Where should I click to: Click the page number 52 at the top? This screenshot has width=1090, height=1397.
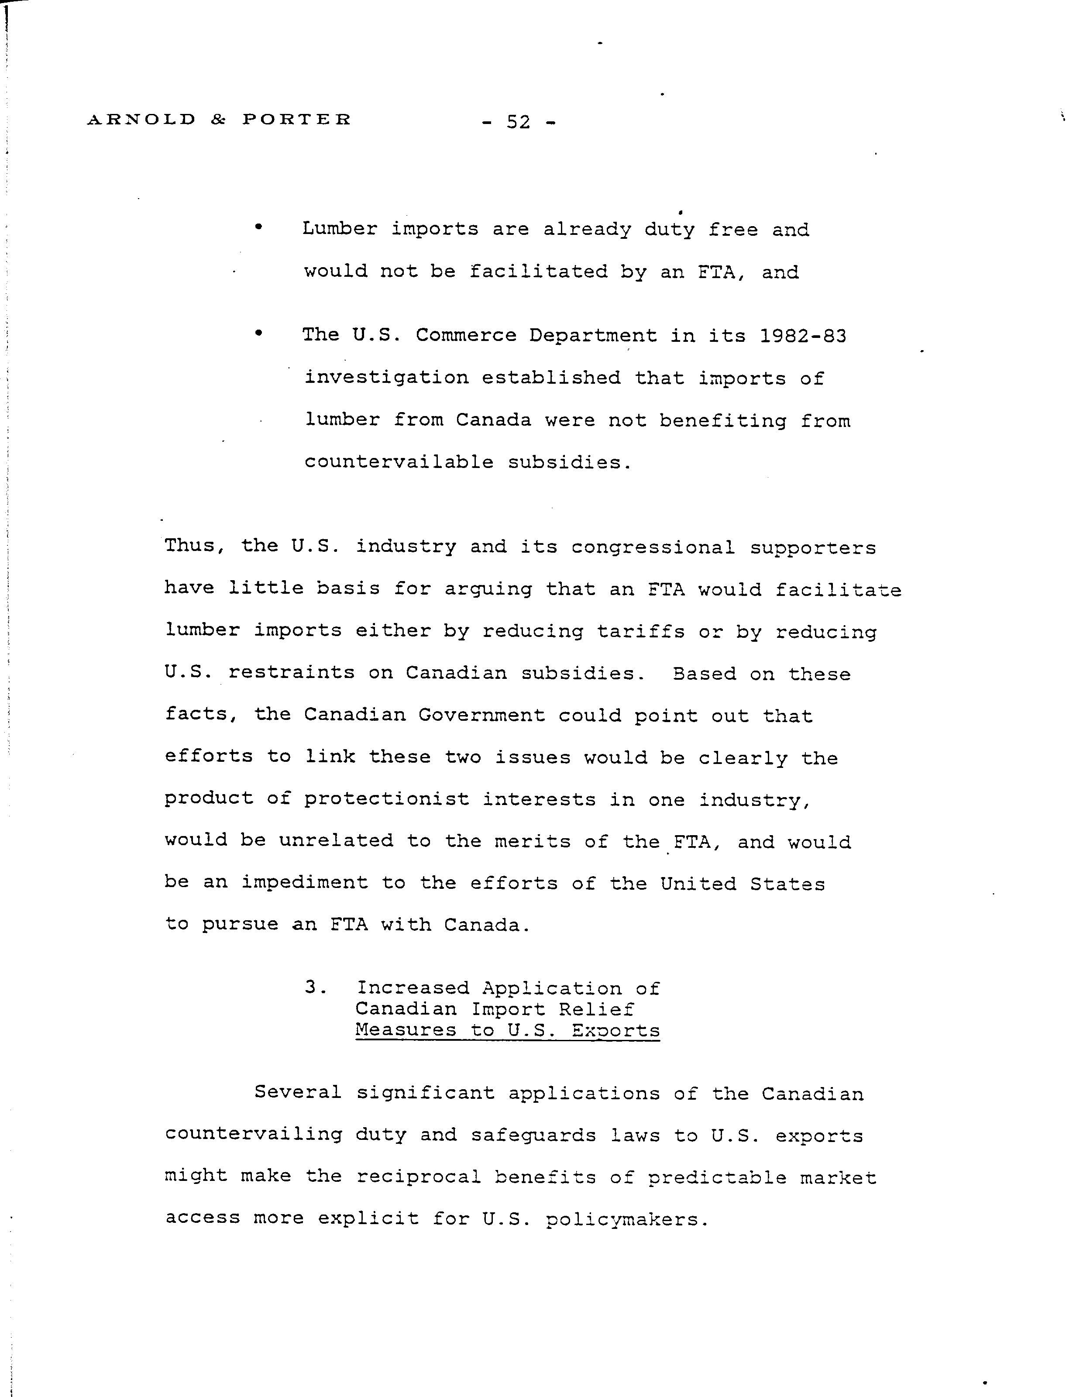[518, 121]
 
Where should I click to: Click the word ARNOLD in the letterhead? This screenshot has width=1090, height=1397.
[141, 120]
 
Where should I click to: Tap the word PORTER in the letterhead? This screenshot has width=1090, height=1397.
[297, 120]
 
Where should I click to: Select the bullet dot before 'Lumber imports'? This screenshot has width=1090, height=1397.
[258, 227]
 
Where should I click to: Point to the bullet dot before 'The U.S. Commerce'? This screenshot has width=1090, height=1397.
[258, 333]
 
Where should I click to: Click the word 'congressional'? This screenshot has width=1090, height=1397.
[653, 547]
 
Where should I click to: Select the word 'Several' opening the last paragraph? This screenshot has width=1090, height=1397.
[297, 1093]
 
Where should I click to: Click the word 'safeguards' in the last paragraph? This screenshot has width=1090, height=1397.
[533, 1135]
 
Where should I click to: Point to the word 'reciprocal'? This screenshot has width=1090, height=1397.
[418, 1177]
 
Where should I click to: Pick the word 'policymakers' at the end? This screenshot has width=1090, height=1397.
[621, 1220]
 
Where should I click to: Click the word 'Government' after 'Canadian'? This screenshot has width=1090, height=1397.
[481, 715]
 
